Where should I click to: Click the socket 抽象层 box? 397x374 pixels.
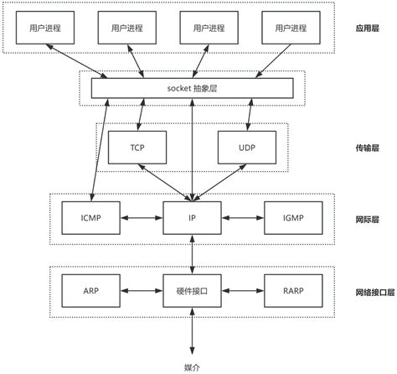pos(192,87)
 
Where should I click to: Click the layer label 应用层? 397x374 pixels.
pos(369,28)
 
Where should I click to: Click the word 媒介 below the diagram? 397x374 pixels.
pos(192,366)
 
